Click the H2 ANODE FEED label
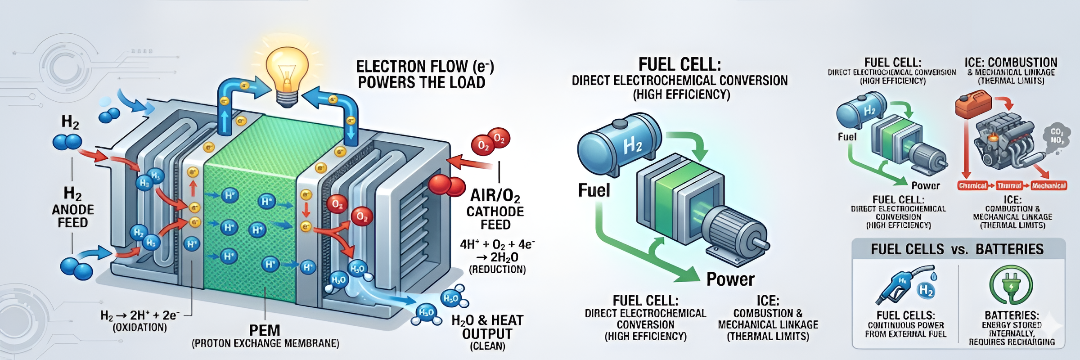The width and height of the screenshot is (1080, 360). (72, 208)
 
